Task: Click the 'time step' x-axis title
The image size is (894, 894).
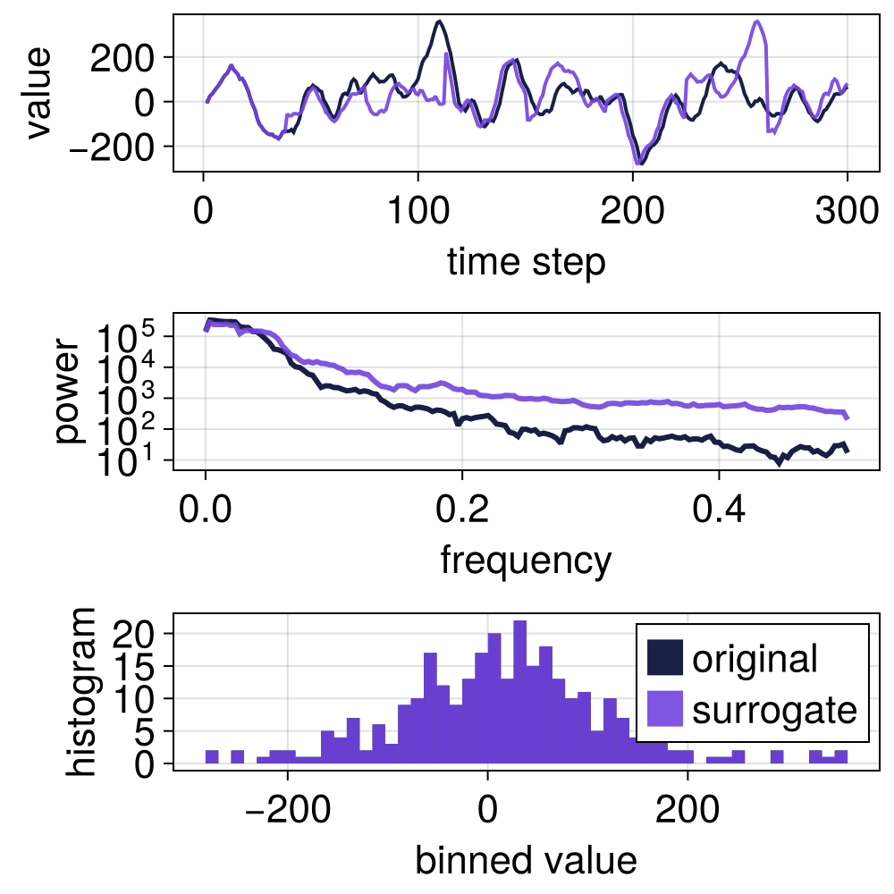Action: click(526, 262)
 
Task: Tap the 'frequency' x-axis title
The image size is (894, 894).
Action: click(526, 561)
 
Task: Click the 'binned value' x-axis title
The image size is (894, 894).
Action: click(526, 860)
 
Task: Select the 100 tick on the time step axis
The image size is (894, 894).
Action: click(417, 215)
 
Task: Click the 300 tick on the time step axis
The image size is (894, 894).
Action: click(847, 215)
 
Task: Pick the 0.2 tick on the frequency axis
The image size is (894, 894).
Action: click(461, 513)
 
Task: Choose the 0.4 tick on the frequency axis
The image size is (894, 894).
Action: click(718, 513)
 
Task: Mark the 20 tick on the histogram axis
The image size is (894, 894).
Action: click(143, 633)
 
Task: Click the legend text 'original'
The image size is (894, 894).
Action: click(755, 659)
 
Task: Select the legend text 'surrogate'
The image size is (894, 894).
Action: click(774, 710)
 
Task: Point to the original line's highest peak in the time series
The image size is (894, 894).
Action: click(439, 21)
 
